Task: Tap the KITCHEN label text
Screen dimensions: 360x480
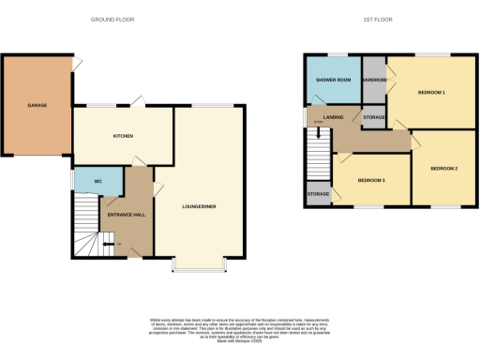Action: coord(123,136)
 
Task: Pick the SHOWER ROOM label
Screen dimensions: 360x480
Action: coord(332,80)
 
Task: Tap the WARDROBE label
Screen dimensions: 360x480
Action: coord(374,80)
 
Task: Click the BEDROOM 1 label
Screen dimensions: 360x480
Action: coord(431,92)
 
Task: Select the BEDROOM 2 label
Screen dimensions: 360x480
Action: coord(443,168)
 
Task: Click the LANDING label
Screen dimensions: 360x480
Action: coord(322,116)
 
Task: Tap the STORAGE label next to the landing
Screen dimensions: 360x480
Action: coord(374,116)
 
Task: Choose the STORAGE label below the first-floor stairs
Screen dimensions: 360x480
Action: coord(317,195)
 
